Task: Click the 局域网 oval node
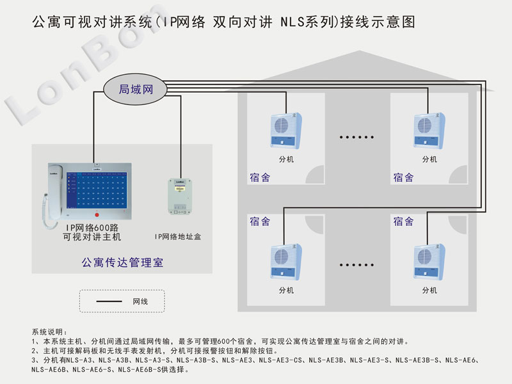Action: (x=136, y=89)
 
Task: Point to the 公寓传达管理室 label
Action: (x=122, y=262)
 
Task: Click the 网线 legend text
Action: (x=141, y=301)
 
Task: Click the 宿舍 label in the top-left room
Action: (x=260, y=177)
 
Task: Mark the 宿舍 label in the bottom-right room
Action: (x=403, y=221)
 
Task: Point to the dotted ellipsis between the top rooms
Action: (x=357, y=137)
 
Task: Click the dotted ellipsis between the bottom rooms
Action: (x=357, y=264)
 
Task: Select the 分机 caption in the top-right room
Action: (x=429, y=159)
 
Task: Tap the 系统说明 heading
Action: (x=49, y=332)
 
